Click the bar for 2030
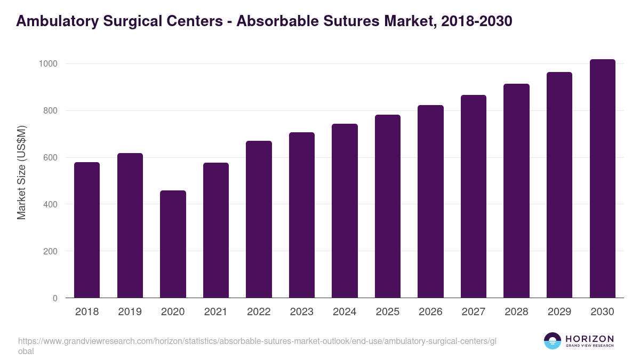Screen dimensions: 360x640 coord(602,179)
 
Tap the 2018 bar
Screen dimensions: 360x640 coord(87,230)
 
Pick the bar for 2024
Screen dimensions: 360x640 coord(345,211)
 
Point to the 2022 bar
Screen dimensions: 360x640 coord(259,219)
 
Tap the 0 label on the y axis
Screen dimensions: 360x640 coord(54,298)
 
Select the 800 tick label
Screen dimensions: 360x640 coord(50,111)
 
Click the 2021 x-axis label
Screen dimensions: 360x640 coord(215,312)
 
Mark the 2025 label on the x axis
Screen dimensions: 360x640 coord(387,312)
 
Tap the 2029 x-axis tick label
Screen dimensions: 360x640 coord(559,312)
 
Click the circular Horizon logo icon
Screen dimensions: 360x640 coord(552,341)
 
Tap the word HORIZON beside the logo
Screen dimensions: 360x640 coord(589,338)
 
